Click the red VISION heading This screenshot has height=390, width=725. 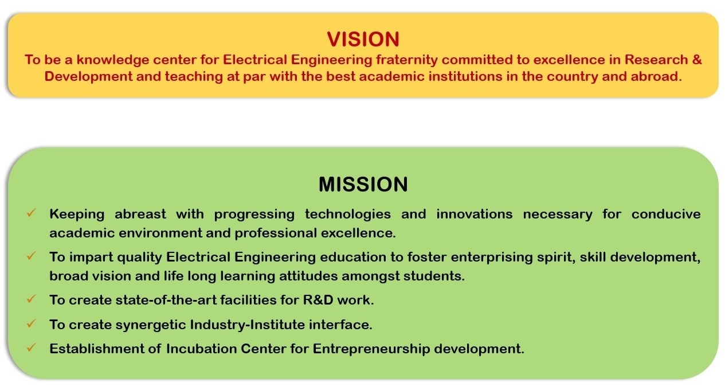(363, 39)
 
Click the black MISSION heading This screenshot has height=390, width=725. (363, 184)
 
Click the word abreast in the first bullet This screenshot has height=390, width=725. (140, 214)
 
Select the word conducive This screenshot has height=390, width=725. (666, 214)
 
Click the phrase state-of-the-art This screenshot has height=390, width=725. (166, 300)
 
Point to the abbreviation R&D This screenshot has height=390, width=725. (318, 300)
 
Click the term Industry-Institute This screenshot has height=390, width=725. (247, 325)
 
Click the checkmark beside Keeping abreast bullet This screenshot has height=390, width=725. (32, 213)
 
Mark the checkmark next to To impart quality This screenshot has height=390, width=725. (32, 256)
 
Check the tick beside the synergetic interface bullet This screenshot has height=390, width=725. (32, 323)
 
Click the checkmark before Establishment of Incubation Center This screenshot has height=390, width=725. (32, 348)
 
